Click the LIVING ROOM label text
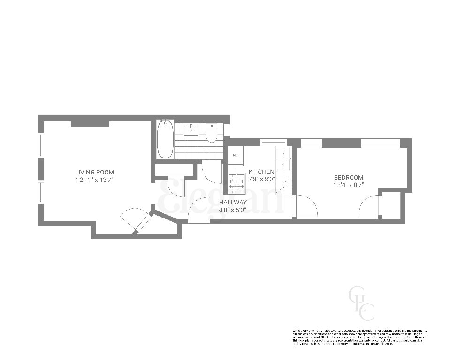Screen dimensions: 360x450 click(x=94, y=172)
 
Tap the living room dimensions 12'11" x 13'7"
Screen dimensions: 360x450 click(x=94, y=180)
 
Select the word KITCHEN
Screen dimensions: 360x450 click(x=261, y=172)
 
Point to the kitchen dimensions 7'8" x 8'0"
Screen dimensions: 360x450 click(x=261, y=179)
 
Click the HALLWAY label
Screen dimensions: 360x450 click(x=233, y=202)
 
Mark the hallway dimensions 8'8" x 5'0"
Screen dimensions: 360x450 click(x=233, y=210)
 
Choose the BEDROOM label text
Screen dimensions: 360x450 click(x=348, y=177)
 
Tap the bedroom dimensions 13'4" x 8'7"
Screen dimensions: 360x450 click(x=348, y=185)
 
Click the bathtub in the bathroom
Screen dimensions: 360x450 click(x=165, y=139)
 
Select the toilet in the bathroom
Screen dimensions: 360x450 click(x=211, y=133)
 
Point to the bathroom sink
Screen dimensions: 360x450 click(x=191, y=130)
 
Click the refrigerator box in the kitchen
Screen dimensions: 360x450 click(x=235, y=155)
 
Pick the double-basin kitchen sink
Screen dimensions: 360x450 click(x=283, y=158)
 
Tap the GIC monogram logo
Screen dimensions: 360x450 click(x=361, y=303)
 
